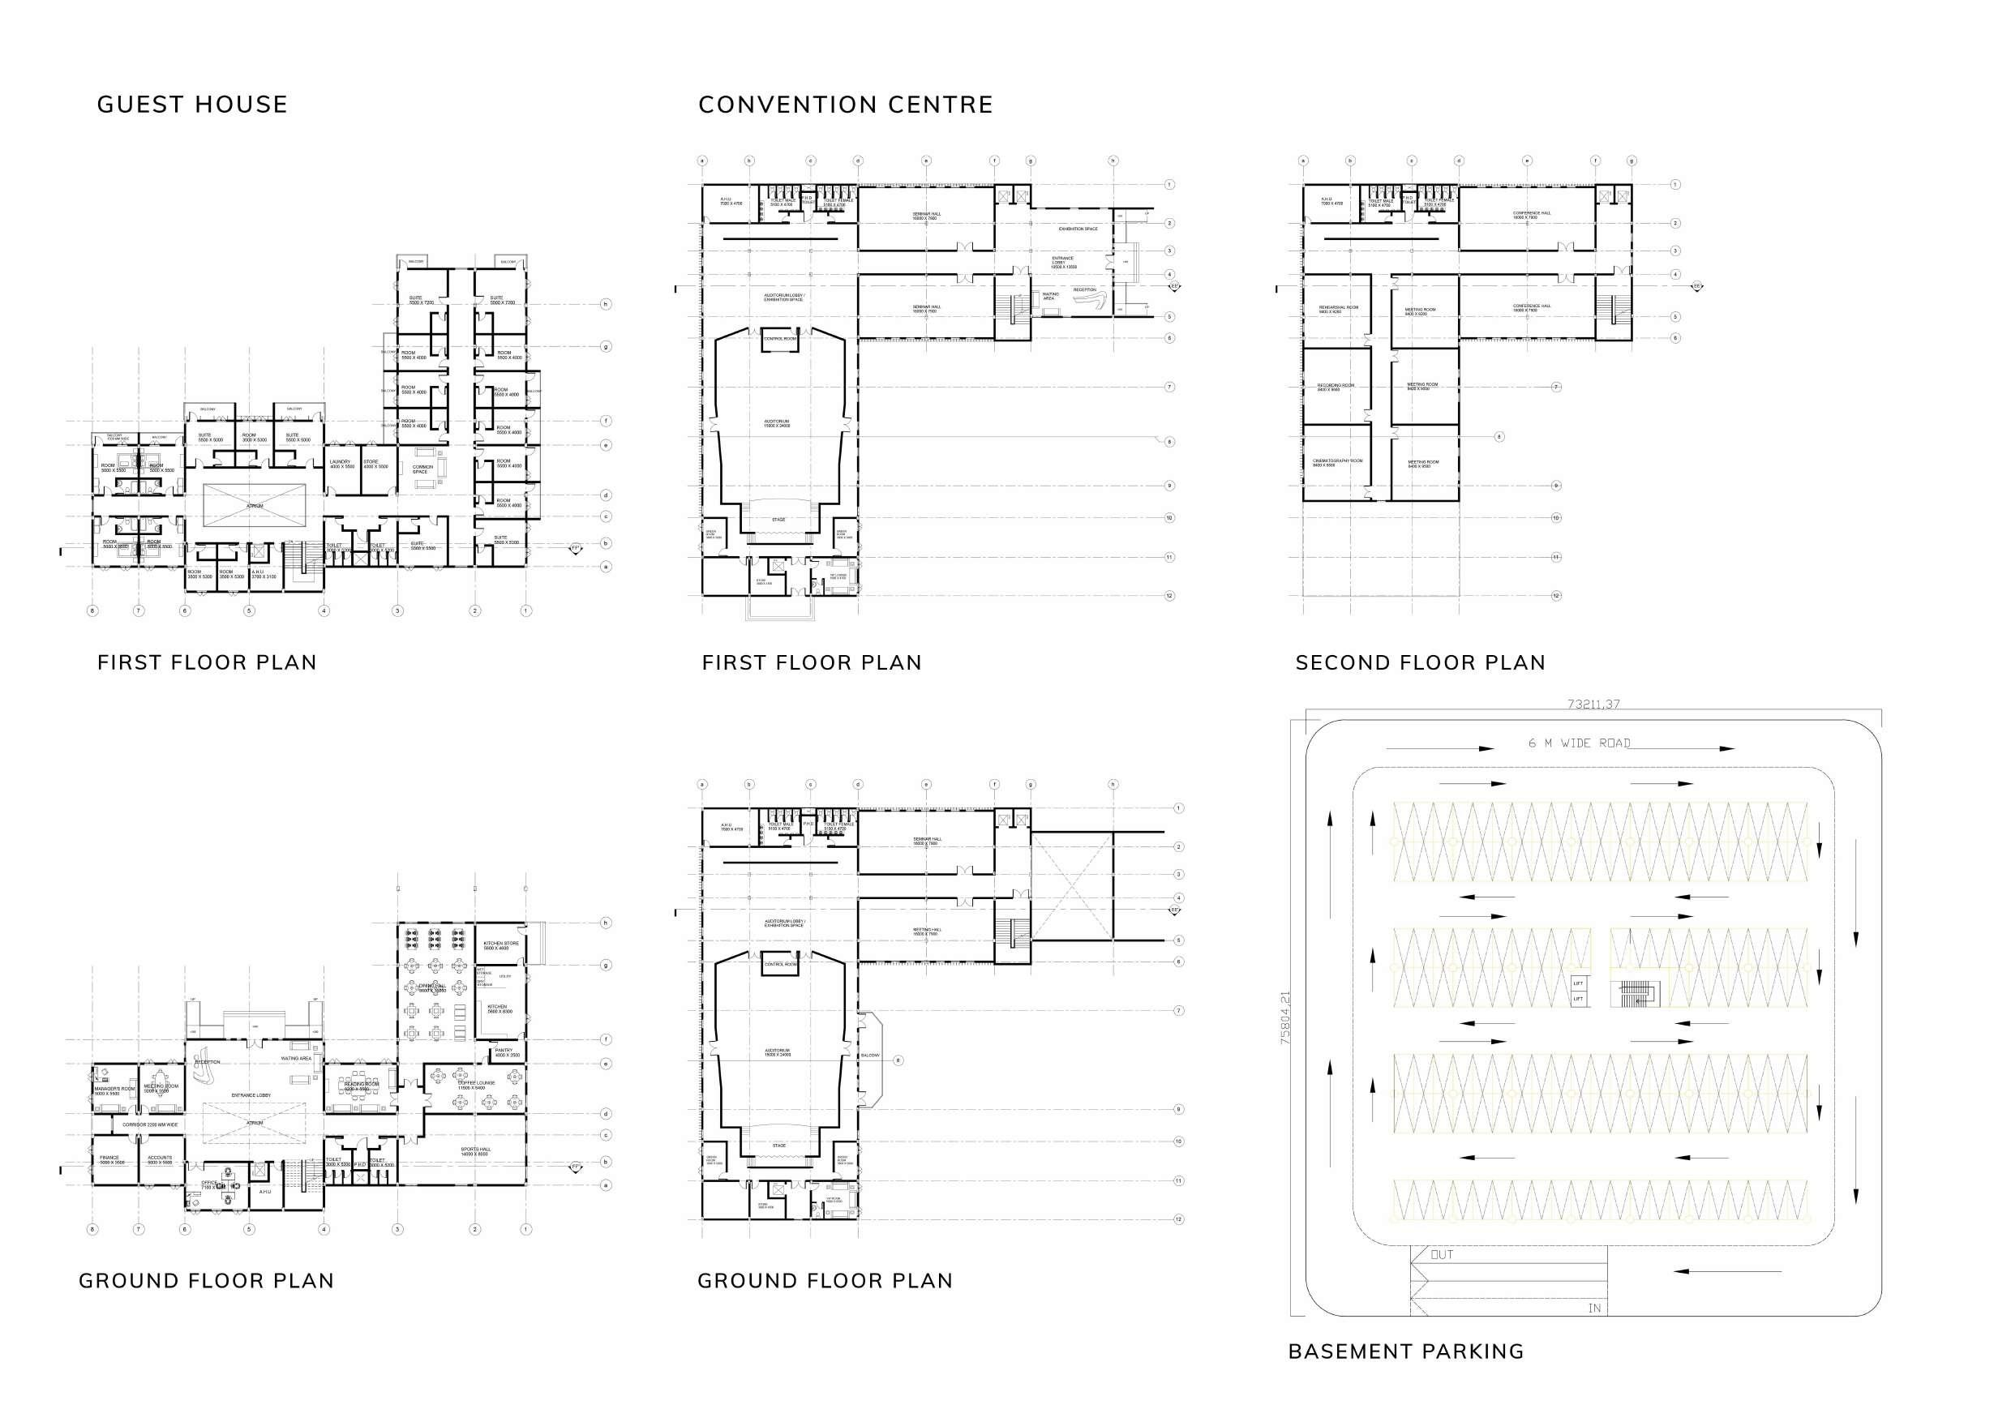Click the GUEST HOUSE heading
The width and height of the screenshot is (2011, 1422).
click(x=192, y=105)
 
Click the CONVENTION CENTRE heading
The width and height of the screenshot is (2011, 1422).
click(x=845, y=105)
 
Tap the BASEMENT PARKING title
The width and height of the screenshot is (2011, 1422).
click(x=1406, y=1352)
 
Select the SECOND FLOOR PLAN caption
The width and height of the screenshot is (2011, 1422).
click(x=1420, y=663)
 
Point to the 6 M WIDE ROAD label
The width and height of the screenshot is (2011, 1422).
click(x=1579, y=743)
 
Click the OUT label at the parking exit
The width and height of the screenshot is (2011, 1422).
click(x=1442, y=1255)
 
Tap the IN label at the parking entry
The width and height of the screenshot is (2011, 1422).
click(x=1594, y=1308)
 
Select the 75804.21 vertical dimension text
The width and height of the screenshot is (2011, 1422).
click(x=1285, y=1018)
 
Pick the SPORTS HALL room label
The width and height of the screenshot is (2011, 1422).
click(x=476, y=1150)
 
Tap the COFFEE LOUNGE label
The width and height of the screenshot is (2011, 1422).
click(x=477, y=1084)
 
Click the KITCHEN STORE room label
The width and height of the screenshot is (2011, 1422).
click(x=501, y=944)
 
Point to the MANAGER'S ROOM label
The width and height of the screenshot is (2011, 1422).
click(x=114, y=1090)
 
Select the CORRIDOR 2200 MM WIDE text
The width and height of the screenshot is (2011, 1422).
click(x=150, y=1124)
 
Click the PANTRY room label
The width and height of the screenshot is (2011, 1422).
click(x=504, y=1052)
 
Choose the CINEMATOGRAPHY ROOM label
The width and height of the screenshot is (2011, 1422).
click(x=1336, y=461)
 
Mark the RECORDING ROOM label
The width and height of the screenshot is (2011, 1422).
click(x=1335, y=386)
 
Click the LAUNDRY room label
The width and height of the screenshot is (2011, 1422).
click(x=340, y=462)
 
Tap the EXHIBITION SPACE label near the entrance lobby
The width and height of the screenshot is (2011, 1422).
click(x=1078, y=229)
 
